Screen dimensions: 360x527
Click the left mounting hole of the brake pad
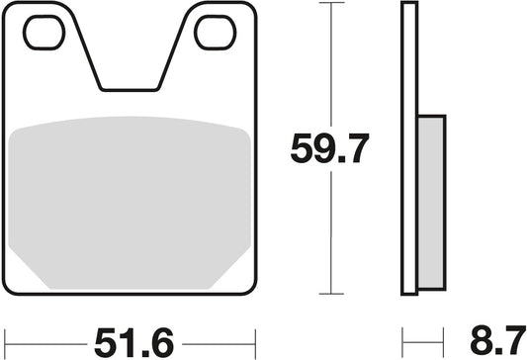43,33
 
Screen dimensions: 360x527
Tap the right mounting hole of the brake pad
213,33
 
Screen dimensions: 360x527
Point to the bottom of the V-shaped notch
128,87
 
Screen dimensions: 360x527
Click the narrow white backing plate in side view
407,148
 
